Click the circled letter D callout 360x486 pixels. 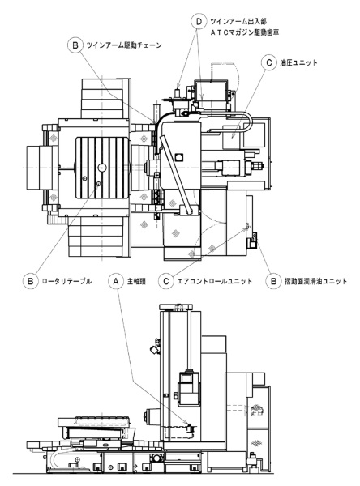pos(199,22)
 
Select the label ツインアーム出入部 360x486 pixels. pos(238,22)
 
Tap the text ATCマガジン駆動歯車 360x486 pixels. pos(245,32)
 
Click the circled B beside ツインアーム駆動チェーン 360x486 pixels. pos(75,45)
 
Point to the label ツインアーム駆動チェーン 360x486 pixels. pos(124,45)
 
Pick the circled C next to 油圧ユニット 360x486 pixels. pos(268,62)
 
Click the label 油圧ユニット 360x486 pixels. pos(299,62)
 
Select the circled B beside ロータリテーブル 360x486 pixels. pos(31,281)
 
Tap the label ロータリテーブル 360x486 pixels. pos(66,281)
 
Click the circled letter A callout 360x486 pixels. pos(116,281)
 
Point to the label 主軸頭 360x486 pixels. pos(136,281)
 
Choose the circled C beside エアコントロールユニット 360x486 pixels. pos(165,281)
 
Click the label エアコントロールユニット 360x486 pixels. pos(214,281)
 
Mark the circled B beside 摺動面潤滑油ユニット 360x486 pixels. pos(273,281)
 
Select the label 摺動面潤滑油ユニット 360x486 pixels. pos(315,281)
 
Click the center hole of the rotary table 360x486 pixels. pos(102,168)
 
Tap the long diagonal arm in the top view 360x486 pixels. pos(177,175)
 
